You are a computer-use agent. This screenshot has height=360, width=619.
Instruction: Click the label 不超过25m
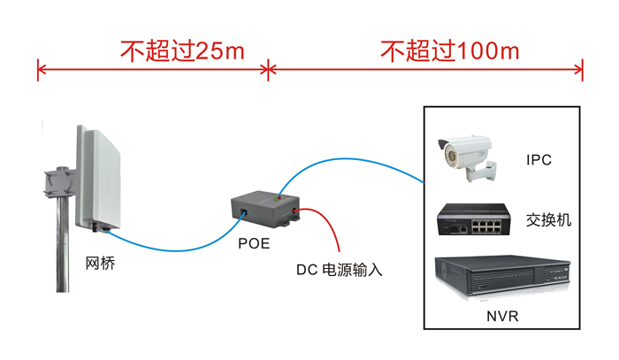coord(182,51)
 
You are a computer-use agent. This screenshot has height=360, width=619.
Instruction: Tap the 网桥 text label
coord(99,263)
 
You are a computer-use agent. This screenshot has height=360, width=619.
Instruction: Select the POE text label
coord(254,242)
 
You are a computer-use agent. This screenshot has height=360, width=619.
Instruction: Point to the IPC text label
coord(539,160)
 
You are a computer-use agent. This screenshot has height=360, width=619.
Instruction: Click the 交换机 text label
coord(548,218)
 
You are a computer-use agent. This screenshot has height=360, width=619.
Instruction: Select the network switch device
coord(474,219)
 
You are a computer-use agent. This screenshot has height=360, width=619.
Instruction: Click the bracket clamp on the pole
coord(57,182)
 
